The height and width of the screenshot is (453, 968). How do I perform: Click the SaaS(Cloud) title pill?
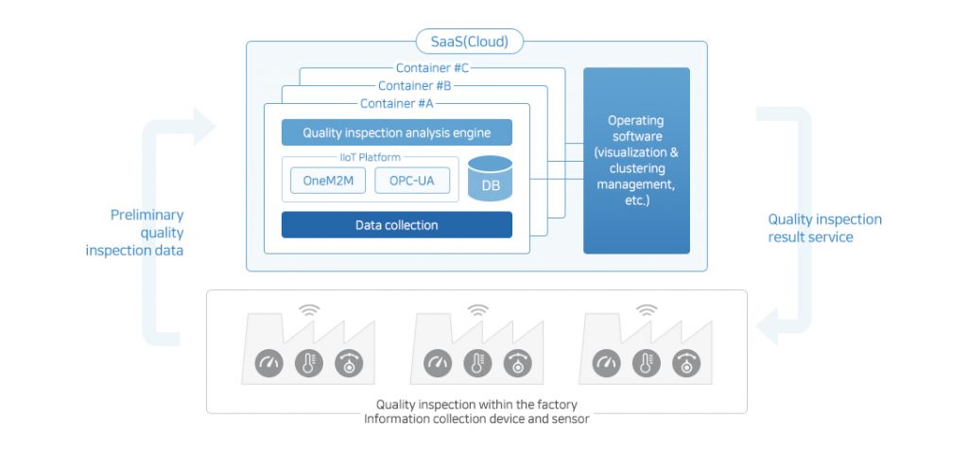(x=470, y=41)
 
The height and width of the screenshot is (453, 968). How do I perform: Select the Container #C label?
(x=433, y=67)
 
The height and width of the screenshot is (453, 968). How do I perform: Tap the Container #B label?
(x=415, y=85)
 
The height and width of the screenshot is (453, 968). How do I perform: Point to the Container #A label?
(x=397, y=103)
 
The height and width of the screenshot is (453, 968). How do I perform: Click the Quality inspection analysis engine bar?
(x=397, y=132)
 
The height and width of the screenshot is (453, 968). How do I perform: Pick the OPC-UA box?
(x=411, y=182)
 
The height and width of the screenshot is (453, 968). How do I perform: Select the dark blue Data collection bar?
(x=397, y=225)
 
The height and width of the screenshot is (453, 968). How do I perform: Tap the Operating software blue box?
(x=636, y=160)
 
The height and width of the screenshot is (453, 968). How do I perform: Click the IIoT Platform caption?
(x=364, y=157)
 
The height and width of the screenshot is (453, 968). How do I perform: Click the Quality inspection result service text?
(x=824, y=228)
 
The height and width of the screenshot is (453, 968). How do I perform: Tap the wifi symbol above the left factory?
(x=309, y=309)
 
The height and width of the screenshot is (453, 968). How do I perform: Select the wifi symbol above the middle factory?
(x=477, y=309)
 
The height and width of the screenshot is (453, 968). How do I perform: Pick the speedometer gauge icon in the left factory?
(x=268, y=362)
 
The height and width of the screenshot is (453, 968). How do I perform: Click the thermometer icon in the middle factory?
(x=477, y=362)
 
